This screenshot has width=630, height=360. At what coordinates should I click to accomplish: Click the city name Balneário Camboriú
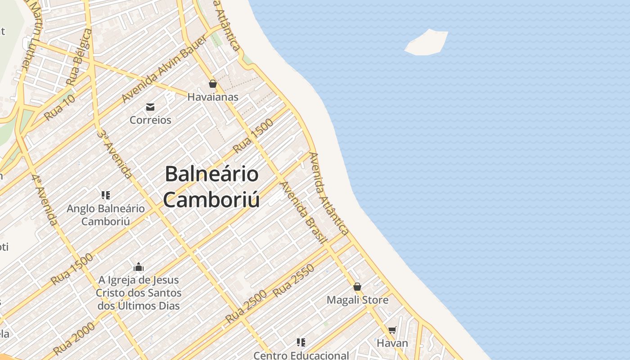click(x=211, y=186)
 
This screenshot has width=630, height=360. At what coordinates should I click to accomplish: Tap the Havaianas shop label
click(x=213, y=97)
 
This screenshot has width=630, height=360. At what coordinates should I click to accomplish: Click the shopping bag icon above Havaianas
click(x=213, y=84)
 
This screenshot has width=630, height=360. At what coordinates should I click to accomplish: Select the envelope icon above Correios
click(x=150, y=107)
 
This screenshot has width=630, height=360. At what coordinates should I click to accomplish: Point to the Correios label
click(x=150, y=120)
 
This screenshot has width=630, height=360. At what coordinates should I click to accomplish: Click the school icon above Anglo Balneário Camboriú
click(x=106, y=195)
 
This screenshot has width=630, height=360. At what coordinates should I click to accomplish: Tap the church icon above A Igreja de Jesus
click(x=139, y=267)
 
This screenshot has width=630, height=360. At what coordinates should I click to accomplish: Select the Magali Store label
click(x=357, y=300)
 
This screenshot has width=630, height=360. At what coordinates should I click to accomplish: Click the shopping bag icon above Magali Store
click(x=357, y=287)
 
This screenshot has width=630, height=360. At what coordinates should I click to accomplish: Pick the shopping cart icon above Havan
click(x=392, y=330)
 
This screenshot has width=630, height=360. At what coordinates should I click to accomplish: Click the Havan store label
click(x=392, y=343)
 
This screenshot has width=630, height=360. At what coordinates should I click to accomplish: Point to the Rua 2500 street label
click(x=246, y=306)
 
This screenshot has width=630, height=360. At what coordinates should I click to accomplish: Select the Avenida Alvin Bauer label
click(x=165, y=69)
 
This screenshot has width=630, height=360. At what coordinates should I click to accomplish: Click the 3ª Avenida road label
click(x=115, y=154)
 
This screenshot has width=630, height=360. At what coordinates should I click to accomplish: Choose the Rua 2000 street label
click(x=74, y=338)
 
